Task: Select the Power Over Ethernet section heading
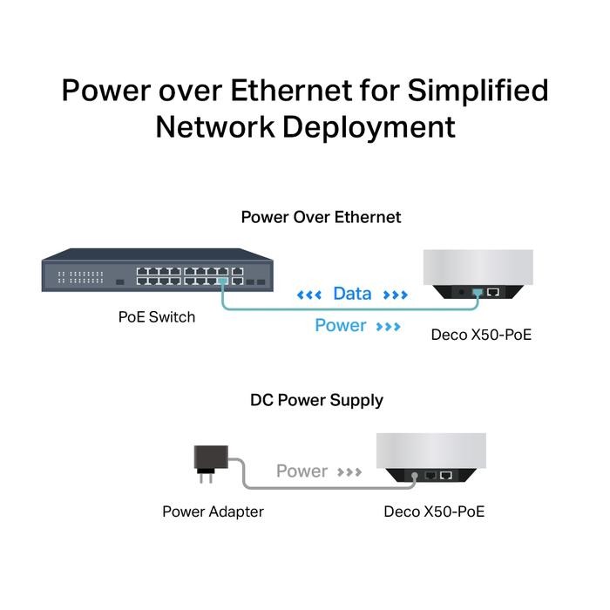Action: (321, 217)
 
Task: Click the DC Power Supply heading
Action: (316, 401)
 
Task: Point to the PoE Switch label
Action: (157, 316)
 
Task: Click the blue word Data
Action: (352, 295)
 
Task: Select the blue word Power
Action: (340, 326)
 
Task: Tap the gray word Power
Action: (302, 471)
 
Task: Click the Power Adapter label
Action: (213, 512)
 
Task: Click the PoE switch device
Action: (156, 269)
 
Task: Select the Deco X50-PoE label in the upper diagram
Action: (481, 334)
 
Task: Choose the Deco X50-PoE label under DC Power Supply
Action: (434, 512)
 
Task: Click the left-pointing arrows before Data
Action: (309, 295)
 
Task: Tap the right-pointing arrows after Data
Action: (395, 295)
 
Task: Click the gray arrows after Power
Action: (349, 472)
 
